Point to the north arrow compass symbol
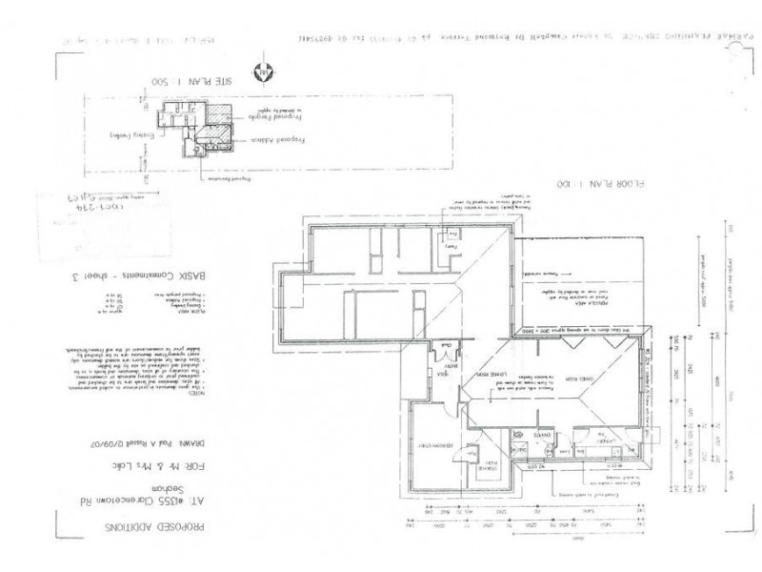tap(262, 72)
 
